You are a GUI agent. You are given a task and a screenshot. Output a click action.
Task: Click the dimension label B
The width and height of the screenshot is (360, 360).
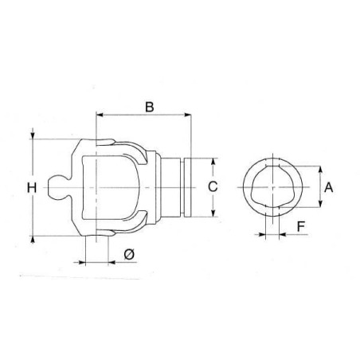coord(150,107)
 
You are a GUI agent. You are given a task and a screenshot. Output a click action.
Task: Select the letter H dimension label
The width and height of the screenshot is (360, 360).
coord(32,188)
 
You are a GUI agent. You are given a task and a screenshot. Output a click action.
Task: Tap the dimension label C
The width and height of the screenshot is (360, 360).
coord(213,186)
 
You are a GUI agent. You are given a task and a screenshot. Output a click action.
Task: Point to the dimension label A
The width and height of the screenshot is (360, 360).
coord(329,187)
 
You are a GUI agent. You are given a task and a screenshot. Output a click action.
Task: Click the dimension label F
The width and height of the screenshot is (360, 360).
coord(301,226)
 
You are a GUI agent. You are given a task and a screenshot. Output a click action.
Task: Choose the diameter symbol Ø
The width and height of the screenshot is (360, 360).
coord(129,254)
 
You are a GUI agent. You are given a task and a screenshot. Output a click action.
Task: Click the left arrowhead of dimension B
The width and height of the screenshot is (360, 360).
coord(100,115)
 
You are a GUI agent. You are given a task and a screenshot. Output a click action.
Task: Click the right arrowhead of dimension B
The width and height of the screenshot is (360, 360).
coord(188,115)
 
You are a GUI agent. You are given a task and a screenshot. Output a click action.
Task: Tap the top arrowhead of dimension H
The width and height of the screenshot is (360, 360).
coord(33,135)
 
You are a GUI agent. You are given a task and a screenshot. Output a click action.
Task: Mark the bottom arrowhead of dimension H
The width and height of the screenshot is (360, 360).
coord(33,239)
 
